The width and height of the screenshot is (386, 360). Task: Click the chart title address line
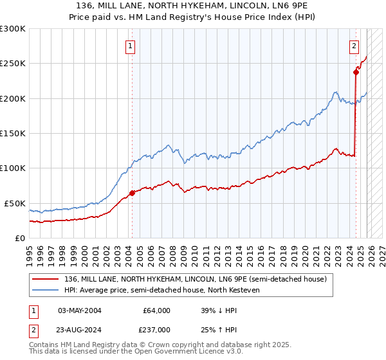[x=192, y=6]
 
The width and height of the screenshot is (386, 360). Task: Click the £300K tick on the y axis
[x=13, y=29]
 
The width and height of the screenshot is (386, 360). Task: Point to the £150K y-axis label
[x=13, y=133]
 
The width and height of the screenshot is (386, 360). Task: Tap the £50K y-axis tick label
[x=15, y=203]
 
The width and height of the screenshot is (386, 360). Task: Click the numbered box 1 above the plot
[x=131, y=46]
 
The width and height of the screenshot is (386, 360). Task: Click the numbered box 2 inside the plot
[x=354, y=46]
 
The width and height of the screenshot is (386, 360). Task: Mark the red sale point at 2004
[x=132, y=193]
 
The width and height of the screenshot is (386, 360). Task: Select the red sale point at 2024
[x=356, y=73]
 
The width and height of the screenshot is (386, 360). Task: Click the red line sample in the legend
[x=46, y=280]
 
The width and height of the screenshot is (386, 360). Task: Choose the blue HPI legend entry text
[x=161, y=291]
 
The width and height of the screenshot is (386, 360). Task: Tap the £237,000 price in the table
[x=156, y=329]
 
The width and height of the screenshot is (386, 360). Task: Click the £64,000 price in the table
[x=156, y=310]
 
